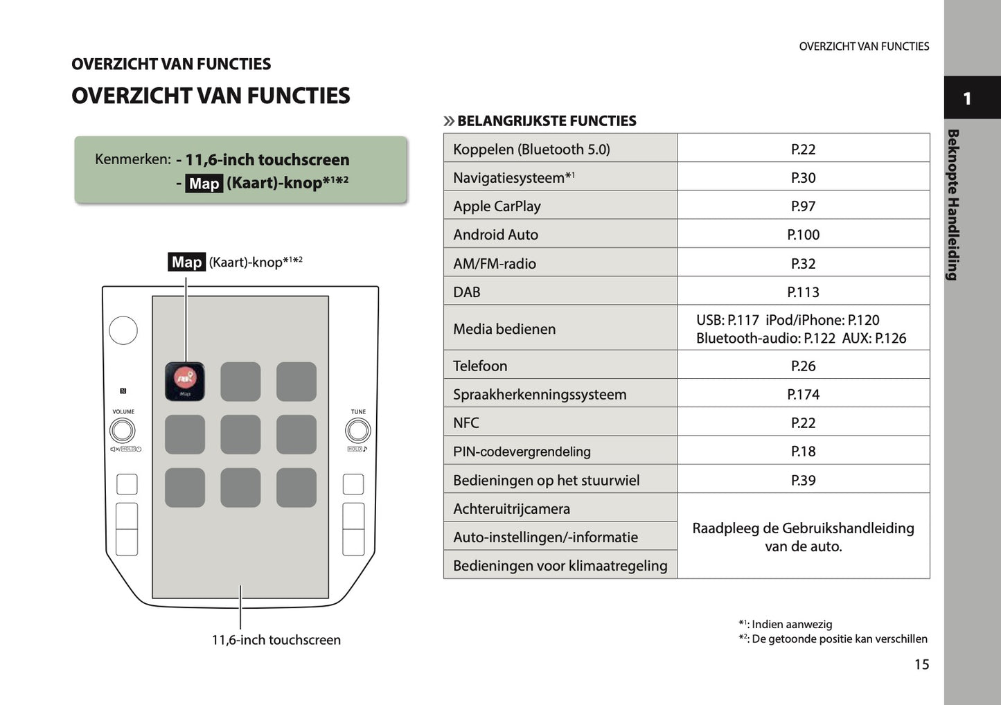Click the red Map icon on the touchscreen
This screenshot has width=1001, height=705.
click(x=184, y=380)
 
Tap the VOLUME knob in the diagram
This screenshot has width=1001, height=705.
click(x=123, y=431)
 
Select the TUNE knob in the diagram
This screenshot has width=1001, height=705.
click(x=357, y=431)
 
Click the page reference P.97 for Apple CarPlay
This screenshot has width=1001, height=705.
click(x=803, y=206)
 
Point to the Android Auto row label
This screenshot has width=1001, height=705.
click(x=495, y=235)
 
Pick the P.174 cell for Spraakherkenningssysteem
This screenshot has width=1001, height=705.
click(x=803, y=395)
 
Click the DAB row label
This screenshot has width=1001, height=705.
click(x=467, y=292)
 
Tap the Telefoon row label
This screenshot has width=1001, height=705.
click(x=480, y=366)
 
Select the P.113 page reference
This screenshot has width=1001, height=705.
click(x=803, y=292)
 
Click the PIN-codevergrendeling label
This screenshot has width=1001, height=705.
click(x=522, y=452)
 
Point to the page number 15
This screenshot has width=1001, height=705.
click(x=921, y=665)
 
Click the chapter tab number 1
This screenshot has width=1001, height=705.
click(x=967, y=99)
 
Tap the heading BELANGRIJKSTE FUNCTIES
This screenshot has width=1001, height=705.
click(x=547, y=121)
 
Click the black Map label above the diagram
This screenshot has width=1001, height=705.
click(x=186, y=262)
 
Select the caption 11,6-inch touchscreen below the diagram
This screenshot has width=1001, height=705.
click(x=276, y=641)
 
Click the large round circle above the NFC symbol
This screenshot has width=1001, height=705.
click(x=123, y=330)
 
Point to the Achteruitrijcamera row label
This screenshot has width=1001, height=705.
click(x=511, y=509)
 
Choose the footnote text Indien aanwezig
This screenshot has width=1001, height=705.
click(x=791, y=625)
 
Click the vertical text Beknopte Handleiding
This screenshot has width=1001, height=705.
click(x=953, y=204)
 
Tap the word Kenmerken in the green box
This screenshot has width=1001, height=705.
click(x=132, y=159)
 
